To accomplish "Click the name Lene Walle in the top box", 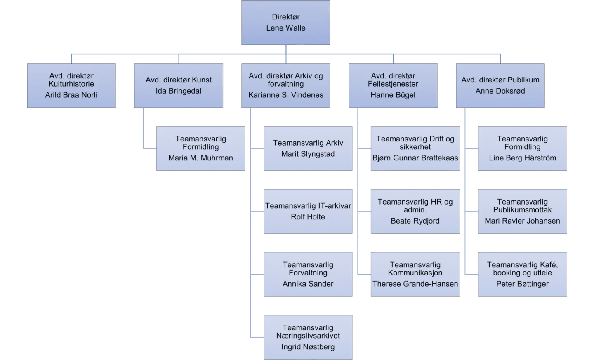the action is [285, 28].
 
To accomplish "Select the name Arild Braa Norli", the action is [71, 95].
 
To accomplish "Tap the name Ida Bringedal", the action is [179, 91].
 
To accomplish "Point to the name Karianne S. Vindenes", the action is [285, 95].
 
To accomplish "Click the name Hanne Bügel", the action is [393, 95].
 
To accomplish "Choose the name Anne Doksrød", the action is [500, 91].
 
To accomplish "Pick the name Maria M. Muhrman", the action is [201, 158].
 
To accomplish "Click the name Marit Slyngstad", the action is [308, 154].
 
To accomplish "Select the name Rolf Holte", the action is [308, 217].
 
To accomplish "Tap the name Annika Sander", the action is [308, 284].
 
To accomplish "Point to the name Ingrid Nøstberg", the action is [308, 347].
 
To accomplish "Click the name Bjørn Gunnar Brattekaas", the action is [415, 158].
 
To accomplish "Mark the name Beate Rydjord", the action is [415, 221].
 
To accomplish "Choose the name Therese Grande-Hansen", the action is [415, 284].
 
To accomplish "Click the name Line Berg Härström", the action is [522, 158].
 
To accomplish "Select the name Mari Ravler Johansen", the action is [522, 221].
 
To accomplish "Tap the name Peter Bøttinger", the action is [522, 284].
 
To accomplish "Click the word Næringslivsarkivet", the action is [308, 336].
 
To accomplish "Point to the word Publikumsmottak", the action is [522, 209].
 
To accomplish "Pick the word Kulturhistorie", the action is [71, 84].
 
